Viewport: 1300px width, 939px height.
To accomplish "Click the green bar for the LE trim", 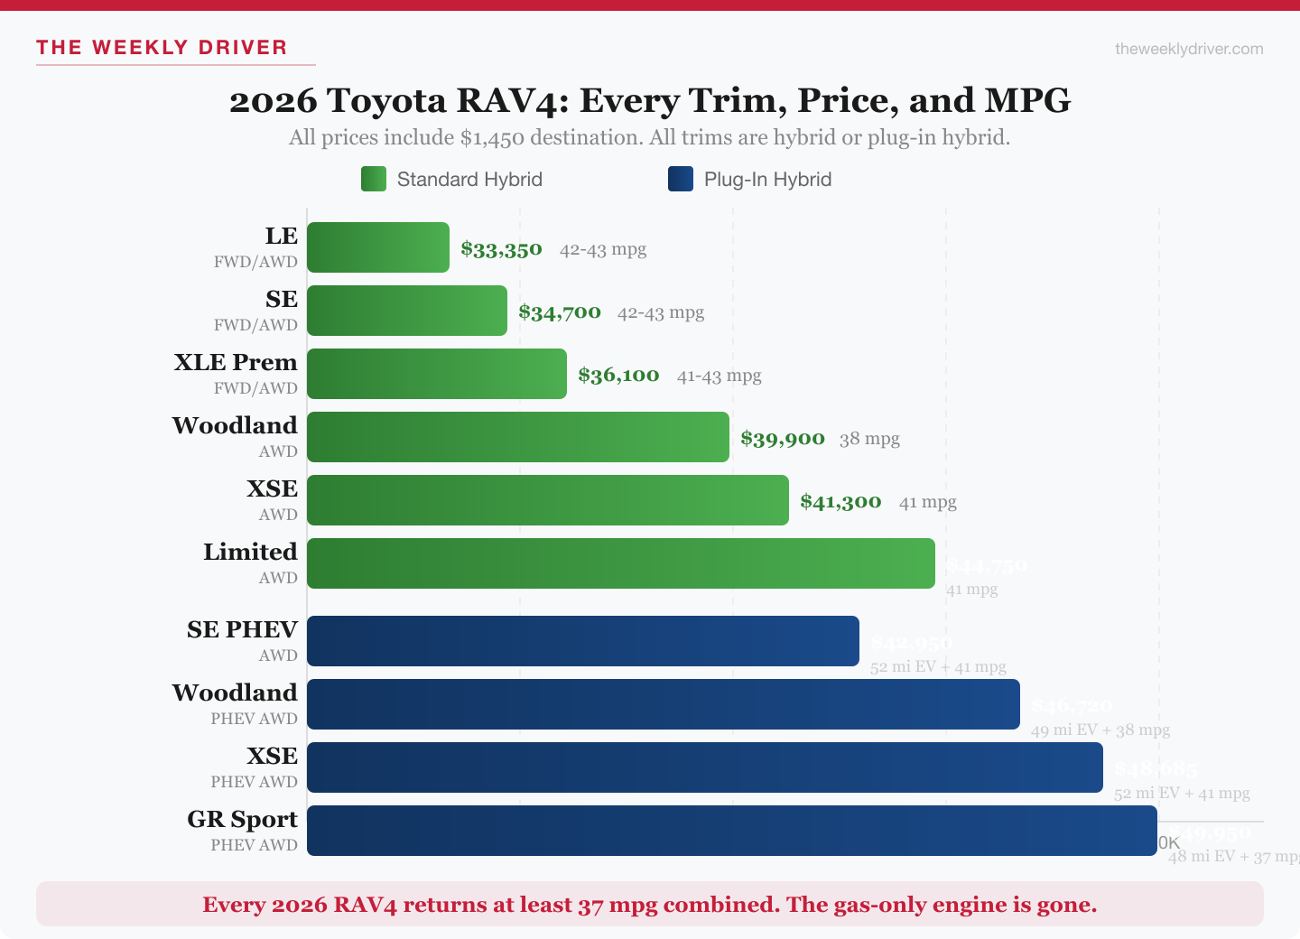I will coord(377,247).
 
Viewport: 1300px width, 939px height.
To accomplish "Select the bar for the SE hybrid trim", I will coord(406,311).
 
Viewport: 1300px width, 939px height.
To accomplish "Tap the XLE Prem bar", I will coord(436,374).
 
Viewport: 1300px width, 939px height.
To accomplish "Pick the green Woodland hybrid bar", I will coord(517,437).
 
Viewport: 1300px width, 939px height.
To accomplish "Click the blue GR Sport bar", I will coord(731,831).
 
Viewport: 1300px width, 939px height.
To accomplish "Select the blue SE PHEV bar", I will coord(582,641).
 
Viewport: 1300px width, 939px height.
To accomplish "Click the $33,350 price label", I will coord(501,249).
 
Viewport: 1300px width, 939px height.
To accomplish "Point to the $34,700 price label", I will coord(559,312).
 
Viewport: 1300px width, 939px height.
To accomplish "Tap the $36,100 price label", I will coord(618,376).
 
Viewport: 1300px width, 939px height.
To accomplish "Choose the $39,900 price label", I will coord(782,439).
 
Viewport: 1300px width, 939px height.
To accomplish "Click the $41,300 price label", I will coord(840,502).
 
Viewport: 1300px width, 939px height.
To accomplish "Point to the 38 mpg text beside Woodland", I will coord(869,439).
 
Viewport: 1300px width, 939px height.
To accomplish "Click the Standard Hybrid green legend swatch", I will coord(374,179).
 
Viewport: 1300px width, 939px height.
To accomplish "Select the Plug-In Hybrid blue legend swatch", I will coord(681,179).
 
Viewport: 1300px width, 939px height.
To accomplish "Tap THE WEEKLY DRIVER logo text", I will coord(162,48).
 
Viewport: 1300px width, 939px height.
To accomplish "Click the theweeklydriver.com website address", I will coord(1189,49).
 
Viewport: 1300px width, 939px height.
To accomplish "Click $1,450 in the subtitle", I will coord(492,138).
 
